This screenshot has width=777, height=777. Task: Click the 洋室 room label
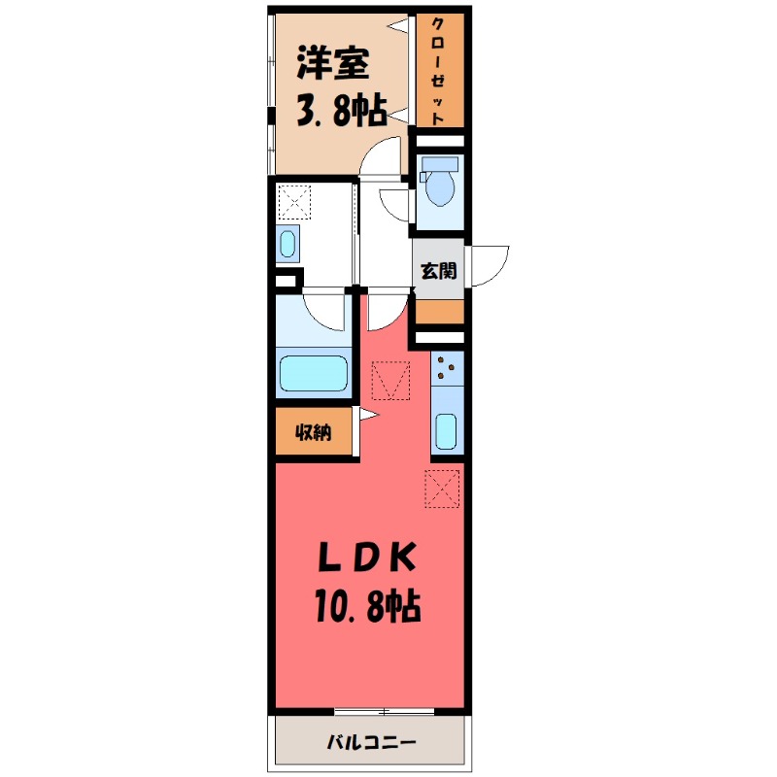coord(333,65)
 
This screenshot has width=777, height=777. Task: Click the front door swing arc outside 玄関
coord(490,263)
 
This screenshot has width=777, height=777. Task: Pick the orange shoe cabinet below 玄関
coord(439,312)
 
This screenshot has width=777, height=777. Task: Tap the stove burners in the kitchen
coord(448,367)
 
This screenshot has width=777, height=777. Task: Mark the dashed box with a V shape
coord(391,380)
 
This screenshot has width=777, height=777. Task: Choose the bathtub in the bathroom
coord(313,374)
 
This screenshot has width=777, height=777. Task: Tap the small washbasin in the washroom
coord(288,244)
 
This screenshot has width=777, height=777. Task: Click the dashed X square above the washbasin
coord(292,202)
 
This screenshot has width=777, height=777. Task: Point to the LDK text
coord(366,560)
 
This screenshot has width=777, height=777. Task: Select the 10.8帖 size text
coord(366,607)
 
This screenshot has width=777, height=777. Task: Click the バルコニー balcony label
coord(370,743)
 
